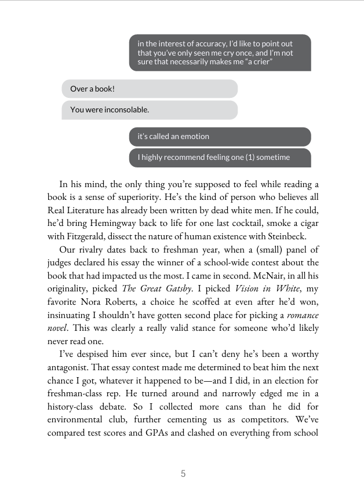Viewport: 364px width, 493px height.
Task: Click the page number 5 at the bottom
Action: click(183, 473)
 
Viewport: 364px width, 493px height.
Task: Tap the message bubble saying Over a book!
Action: click(150, 89)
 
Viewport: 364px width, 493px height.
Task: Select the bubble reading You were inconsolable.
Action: click(150, 109)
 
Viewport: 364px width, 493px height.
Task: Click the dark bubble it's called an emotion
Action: click(220, 137)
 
